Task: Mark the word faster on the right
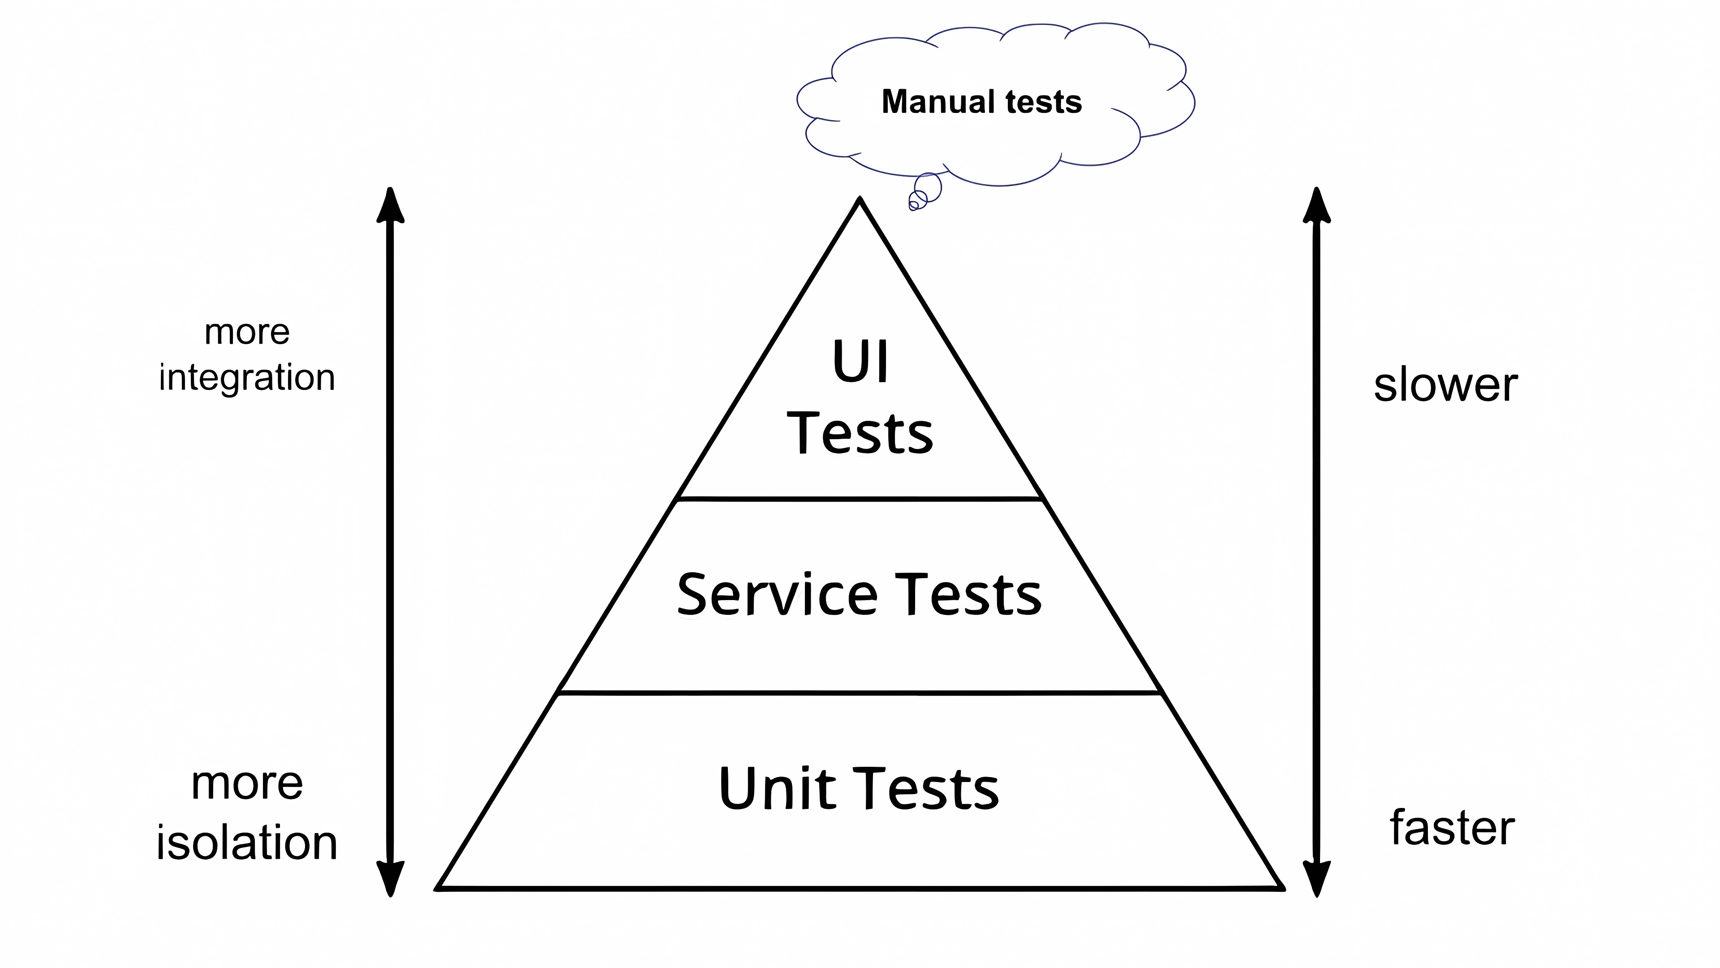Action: [1452, 828]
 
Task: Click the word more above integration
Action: [246, 332]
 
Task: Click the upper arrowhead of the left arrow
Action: [391, 205]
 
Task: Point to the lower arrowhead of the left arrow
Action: [391, 878]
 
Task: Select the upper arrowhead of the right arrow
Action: [1317, 205]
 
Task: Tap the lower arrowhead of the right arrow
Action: [1317, 878]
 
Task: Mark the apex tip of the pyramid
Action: [860, 200]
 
